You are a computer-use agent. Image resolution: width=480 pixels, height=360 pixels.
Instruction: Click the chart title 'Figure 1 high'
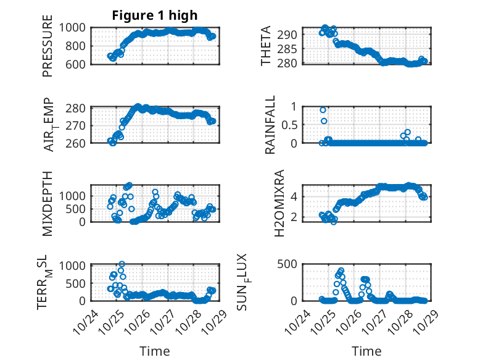[x=154, y=15]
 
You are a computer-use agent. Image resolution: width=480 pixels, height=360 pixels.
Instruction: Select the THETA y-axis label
[x=266, y=46]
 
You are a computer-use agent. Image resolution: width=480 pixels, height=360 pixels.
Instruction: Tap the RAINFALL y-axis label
[x=270, y=125]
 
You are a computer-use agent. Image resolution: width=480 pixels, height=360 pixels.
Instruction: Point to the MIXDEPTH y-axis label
[x=48, y=203]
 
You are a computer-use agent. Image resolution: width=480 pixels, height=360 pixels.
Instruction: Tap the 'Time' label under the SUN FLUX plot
[x=366, y=351]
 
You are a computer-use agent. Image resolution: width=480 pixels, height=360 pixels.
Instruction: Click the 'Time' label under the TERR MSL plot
[x=155, y=351]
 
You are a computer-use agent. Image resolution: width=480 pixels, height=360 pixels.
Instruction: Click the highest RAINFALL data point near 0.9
[x=323, y=110]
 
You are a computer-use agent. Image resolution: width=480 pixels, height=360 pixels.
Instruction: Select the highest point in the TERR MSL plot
[x=122, y=264]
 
